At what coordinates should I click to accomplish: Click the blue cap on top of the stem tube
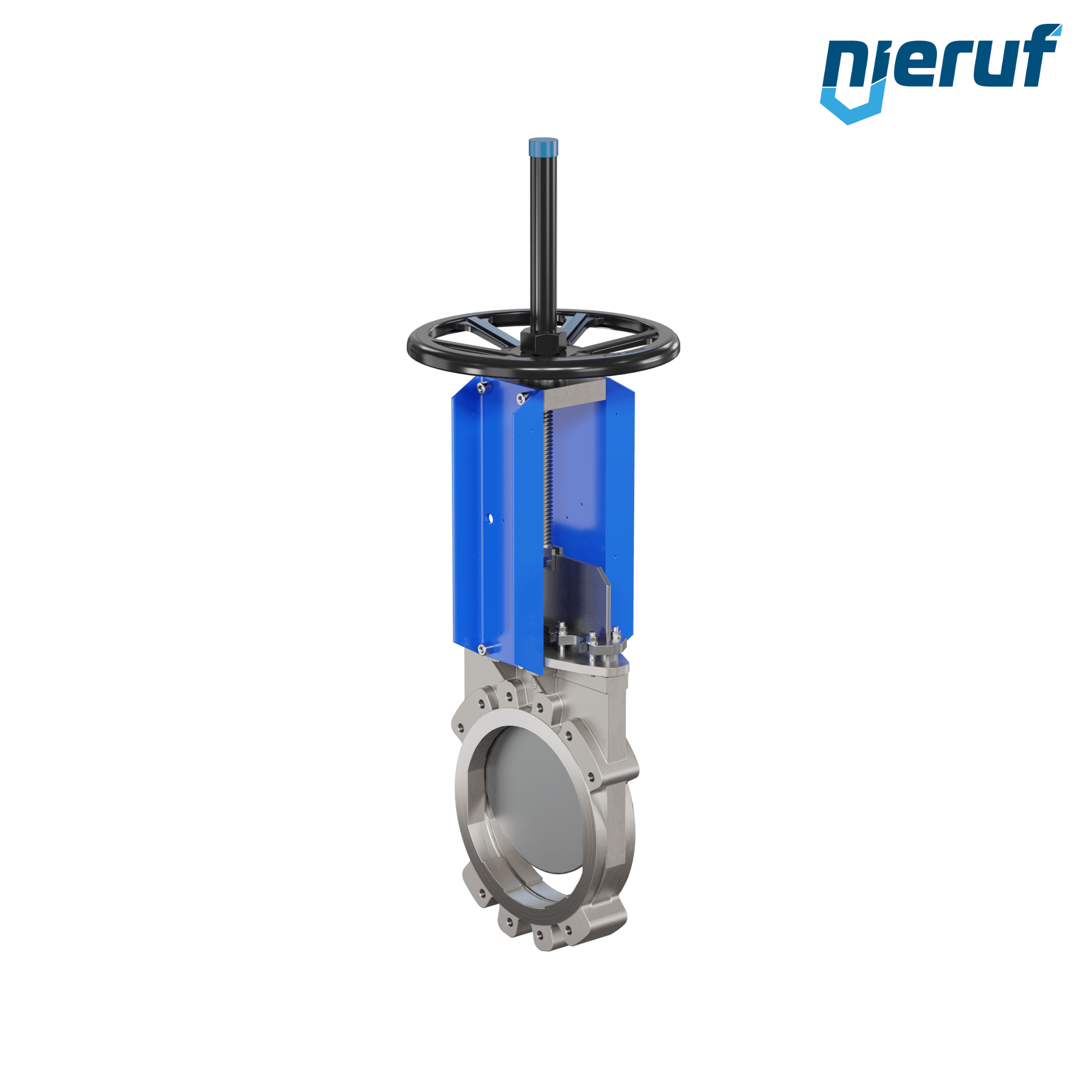(543, 147)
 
